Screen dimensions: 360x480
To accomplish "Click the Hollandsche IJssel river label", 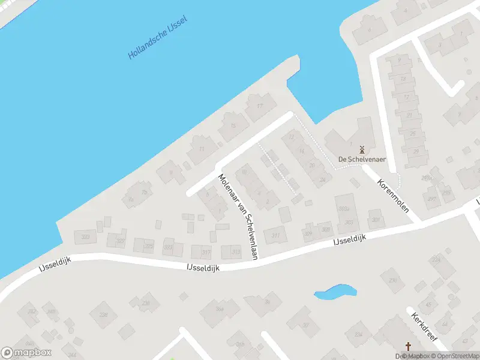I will pos(158,38).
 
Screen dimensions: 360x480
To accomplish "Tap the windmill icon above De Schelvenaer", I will pos(362,149).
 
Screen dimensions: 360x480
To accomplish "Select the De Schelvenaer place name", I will pos(362,160).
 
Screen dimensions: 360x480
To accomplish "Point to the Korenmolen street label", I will pos(393,196).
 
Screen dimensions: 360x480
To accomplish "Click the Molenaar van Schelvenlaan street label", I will pos(238,216).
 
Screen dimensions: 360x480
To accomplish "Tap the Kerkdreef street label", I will pos(424,328).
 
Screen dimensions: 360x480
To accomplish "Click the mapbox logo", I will pos(26,353).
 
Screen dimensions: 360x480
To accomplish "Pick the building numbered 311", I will pos(275,235).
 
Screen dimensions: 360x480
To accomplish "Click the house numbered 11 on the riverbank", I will pos(202,149).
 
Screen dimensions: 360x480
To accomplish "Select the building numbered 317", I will pos(206,252).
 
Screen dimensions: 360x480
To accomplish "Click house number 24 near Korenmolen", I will pos(323,179).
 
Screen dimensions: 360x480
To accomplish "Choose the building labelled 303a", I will pos(343,209).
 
